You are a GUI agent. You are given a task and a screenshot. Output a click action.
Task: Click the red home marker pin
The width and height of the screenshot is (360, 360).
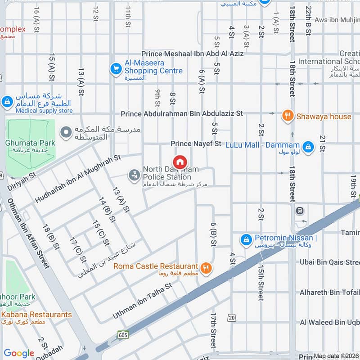(180, 162)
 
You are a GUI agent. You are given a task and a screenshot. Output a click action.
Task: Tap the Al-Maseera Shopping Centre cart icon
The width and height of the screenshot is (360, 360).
(116, 68)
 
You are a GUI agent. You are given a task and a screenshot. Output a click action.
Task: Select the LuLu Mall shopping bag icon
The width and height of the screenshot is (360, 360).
(308, 147)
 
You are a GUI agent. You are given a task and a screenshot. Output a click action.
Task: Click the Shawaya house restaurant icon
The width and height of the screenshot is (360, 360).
(288, 116)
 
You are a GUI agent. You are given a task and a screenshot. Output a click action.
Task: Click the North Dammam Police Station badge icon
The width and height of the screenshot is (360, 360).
(134, 175)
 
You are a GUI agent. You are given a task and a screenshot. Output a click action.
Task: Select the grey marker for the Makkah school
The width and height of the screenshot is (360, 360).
(66, 132)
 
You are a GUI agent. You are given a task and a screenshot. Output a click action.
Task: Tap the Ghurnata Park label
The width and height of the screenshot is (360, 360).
(30, 143)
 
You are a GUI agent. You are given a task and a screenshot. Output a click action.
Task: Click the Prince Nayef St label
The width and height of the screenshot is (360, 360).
(196, 144)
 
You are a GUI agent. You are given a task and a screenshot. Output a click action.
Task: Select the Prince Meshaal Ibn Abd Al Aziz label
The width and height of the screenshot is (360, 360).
(192, 54)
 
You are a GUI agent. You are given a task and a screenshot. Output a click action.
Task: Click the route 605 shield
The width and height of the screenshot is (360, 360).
(123, 335)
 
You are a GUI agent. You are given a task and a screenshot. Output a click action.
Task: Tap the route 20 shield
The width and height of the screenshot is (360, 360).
(232, 318)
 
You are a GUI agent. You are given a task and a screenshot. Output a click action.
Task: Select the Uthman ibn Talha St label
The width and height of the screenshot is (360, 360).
(142, 301)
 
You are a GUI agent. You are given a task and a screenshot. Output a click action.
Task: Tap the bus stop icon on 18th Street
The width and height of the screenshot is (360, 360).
(299, 211)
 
